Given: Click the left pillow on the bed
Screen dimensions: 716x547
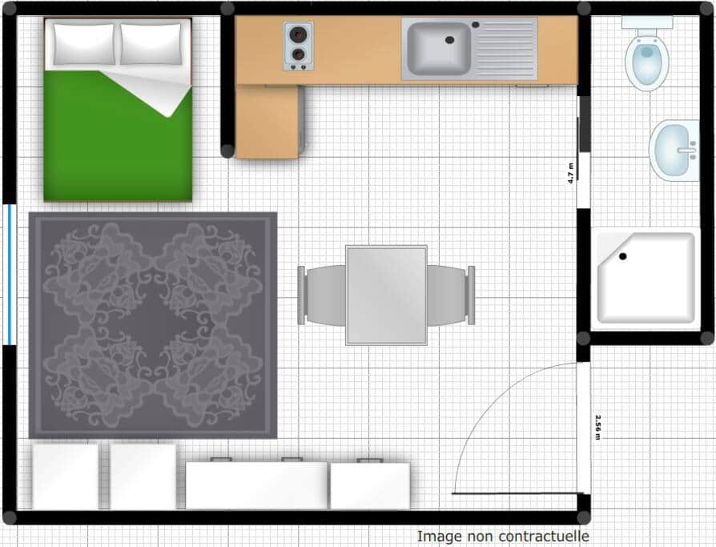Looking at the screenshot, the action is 83,44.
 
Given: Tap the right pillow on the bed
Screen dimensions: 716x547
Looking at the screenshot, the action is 151,44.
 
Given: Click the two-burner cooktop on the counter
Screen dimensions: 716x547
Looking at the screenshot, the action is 298,46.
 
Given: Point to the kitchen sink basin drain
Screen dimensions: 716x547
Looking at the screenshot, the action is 450,40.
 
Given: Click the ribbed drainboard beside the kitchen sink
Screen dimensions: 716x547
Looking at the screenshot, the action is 505,49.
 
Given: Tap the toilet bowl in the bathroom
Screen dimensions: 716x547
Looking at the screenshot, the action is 647,62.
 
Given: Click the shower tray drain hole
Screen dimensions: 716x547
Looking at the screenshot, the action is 623,256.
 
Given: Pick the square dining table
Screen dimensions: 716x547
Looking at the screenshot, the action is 386,295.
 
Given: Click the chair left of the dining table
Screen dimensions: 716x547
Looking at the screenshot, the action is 321,296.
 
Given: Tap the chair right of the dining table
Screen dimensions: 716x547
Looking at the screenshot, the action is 451,296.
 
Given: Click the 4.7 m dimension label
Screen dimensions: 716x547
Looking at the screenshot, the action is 571,173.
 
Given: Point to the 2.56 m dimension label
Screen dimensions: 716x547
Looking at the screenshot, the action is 597,428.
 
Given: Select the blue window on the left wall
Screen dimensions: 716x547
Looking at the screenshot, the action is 10,275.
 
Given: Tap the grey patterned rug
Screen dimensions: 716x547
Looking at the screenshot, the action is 153,325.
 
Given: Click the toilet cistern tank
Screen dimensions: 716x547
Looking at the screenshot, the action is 647,22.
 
